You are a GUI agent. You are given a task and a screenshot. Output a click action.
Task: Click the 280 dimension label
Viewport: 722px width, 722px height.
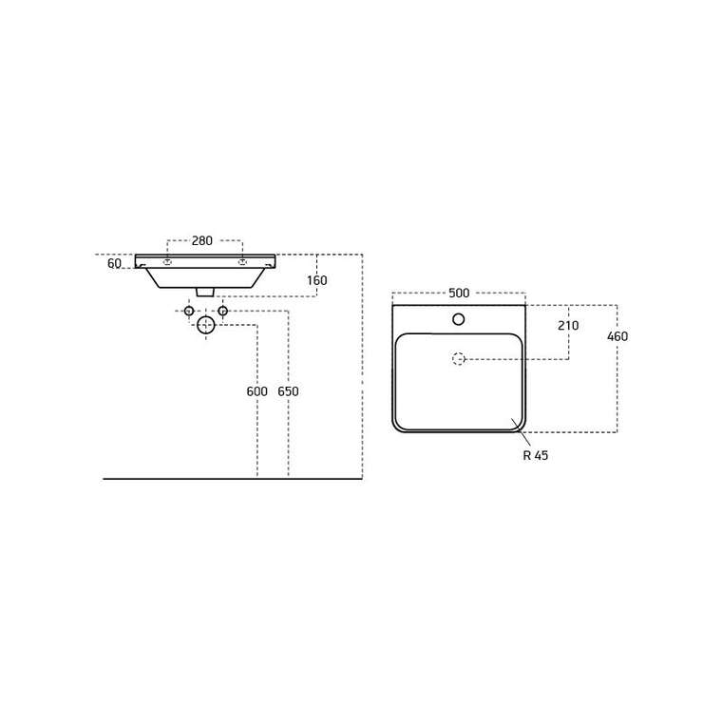pos(202,240)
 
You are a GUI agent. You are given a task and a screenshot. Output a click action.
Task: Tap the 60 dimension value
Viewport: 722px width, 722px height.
pos(114,263)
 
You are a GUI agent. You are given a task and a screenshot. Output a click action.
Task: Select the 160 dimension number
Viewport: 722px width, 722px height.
pos(316,280)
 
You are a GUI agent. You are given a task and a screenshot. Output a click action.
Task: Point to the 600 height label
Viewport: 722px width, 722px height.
pos(256,391)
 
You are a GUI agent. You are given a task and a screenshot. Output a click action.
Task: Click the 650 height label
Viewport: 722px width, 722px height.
pos(288,391)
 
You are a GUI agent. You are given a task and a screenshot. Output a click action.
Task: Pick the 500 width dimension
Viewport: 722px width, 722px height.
pos(459,293)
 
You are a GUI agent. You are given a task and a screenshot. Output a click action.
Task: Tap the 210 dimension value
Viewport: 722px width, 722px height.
pos(568,326)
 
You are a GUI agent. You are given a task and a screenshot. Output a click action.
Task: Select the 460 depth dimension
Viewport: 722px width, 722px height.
pos(617,336)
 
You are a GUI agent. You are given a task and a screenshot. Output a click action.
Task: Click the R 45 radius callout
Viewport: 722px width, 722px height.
pos(536,455)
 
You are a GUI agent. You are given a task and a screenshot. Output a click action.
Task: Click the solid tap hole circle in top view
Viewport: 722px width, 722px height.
pos(459,319)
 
